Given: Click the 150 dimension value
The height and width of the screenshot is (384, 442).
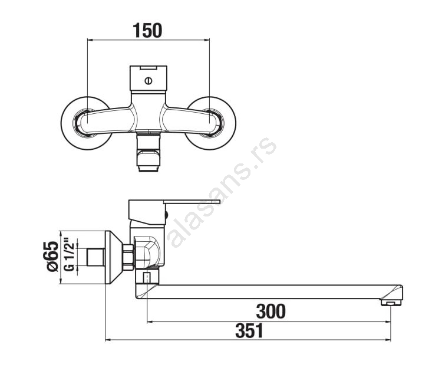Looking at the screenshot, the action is pos(147,31).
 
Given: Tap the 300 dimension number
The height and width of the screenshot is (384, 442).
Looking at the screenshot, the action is pos(271,311).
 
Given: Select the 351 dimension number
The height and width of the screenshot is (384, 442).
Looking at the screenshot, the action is pos(249,331).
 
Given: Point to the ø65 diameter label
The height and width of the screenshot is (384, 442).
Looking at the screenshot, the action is pos(52,256).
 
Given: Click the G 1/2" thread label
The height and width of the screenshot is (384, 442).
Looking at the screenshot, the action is pos(69,255).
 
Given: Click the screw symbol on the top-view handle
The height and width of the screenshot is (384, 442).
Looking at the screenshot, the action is pos(149,81).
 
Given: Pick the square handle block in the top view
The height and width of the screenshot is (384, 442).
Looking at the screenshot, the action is pos(149,78).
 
